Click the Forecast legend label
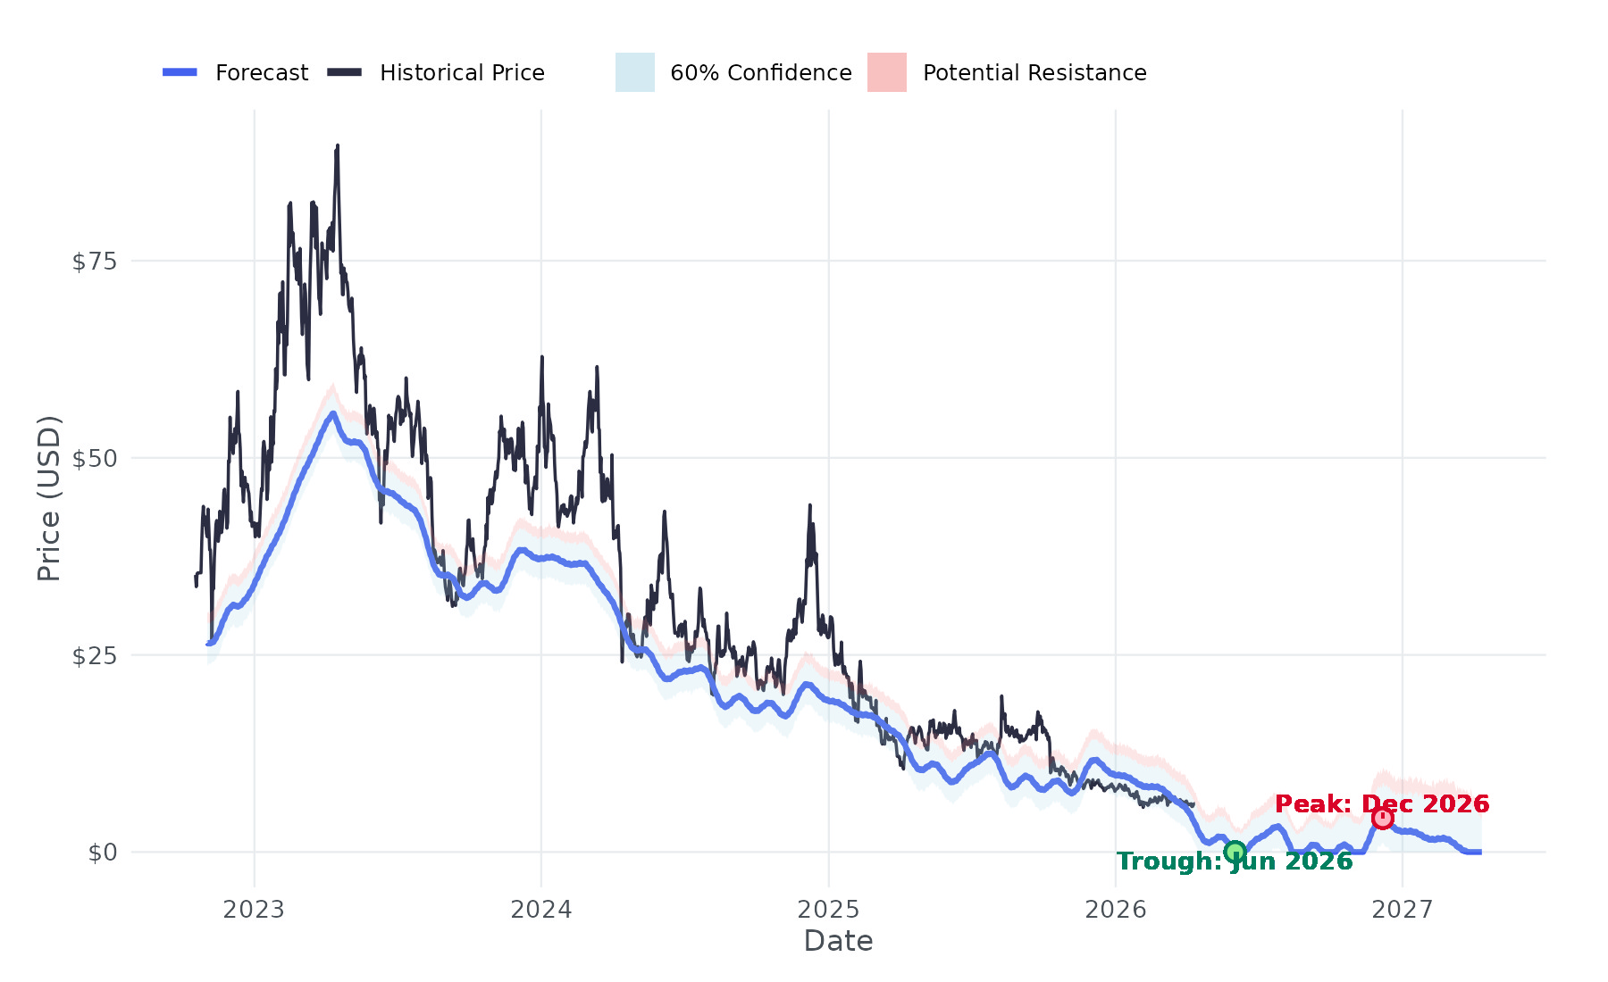[261, 73]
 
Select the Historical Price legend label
[462, 73]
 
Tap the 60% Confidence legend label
[760, 73]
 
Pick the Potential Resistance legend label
[1034, 73]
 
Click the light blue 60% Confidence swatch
[635, 72]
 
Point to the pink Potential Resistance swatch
[887, 72]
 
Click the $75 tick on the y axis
[95, 262]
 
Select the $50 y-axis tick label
[95, 459]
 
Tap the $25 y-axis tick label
[95, 656]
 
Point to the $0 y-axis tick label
[103, 853]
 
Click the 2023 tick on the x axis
[254, 910]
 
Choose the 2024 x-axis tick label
[541, 910]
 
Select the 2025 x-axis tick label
[828, 910]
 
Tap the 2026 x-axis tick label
[1116, 910]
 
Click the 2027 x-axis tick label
[1403, 910]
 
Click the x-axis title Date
[838, 941]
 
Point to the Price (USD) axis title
[49, 498]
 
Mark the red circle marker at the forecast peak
[1383, 818]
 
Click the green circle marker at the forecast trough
[1235, 852]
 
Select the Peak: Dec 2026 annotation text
[1382, 804]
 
